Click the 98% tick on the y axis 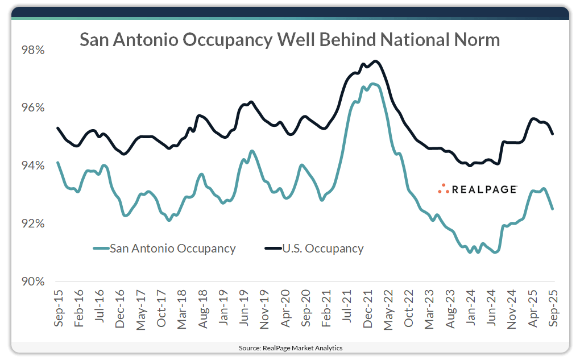click(x=32, y=50)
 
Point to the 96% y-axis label click(x=32, y=108)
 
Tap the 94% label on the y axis click(x=32, y=166)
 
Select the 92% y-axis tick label click(x=32, y=224)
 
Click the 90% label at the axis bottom click(x=32, y=282)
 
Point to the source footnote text click(x=290, y=347)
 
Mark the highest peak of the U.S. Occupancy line click(x=375, y=61)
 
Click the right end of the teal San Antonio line click(x=553, y=209)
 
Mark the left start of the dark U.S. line click(x=57, y=128)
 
